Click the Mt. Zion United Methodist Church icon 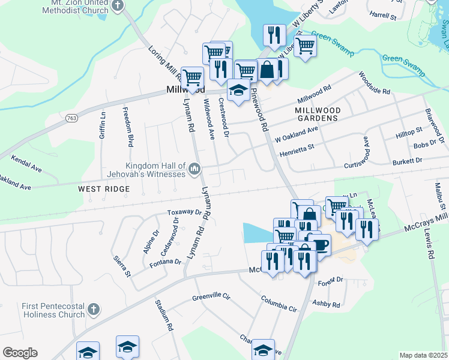tap(118, 6)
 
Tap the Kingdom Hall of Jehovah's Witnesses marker tap(194, 170)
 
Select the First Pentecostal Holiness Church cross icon tap(92, 310)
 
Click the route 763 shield tap(71, 119)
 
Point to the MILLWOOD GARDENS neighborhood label tap(318, 115)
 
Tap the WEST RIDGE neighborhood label tap(104, 189)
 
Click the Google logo tap(20, 353)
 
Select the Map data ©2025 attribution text tap(424, 355)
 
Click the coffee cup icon tap(319, 245)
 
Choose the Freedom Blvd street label tap(128, 127)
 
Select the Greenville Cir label tap(211, 296)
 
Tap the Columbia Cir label tap(279, 304)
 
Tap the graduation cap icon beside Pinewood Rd tap(239, 90)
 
